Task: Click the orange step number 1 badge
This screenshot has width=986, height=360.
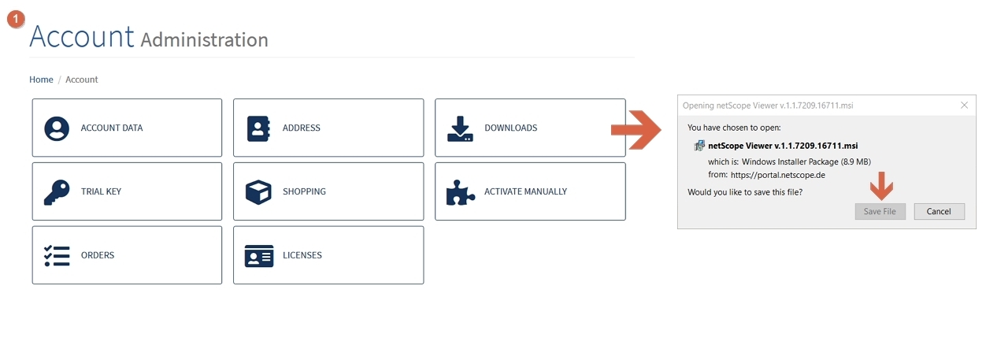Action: point(16,19)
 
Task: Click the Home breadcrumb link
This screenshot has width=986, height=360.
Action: point(41,80)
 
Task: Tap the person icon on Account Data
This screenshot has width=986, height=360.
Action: point(57,128)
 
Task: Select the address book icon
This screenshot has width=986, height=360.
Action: point(258,128)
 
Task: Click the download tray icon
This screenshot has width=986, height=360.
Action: point(460,128)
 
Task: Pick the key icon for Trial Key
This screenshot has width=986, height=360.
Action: point(57,192)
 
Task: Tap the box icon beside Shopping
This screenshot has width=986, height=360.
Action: point(258,192)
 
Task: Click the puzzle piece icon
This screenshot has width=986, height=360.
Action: point(461,192)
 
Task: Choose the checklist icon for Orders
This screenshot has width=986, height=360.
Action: point(57,256)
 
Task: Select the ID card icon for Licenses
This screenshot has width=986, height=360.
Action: point(259,256)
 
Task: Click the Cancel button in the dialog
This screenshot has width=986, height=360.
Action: point(940,211)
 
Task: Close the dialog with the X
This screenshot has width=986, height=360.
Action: point(964,106)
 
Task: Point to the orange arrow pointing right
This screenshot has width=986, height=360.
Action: point(636,130)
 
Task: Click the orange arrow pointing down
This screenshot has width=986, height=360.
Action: point(881,186)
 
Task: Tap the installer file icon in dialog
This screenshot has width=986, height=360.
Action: point(699,146)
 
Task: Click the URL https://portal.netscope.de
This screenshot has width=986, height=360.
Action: point(778,175)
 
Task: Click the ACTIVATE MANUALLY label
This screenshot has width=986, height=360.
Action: point(525,191)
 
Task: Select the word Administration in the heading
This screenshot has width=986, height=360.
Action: point(204,39)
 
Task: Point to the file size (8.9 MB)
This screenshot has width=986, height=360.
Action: point(856,161)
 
